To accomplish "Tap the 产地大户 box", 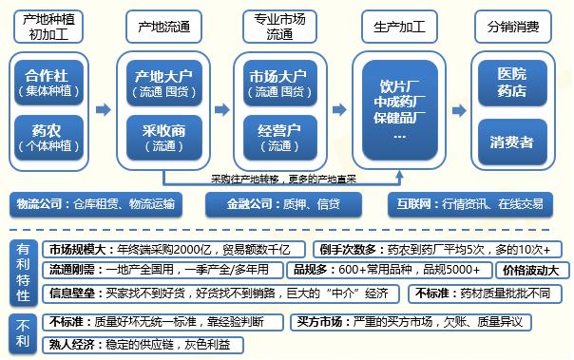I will click(163, 83).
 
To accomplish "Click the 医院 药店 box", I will click(514, 83).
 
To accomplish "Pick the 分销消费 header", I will click(515, 28).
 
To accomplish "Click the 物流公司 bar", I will click(97, 203).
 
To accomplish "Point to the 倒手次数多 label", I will click(349, 249).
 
